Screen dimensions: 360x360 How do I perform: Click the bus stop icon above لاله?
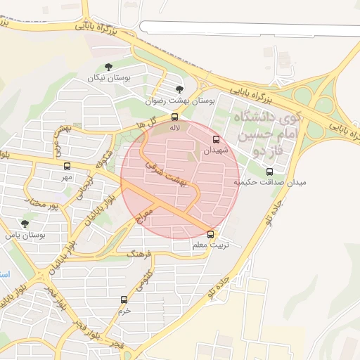(x=175, y=117)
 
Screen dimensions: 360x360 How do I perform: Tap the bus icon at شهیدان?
(x=216, y=139)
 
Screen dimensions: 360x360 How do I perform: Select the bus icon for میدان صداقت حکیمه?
(x=270, y=172)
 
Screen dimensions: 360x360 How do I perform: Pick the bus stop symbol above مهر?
(x=67, y=167)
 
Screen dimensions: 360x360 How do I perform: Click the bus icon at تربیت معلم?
(x=210, y=234)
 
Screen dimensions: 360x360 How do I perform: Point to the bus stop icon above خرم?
(x=124, y=300)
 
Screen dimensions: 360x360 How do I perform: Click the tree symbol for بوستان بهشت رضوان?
(x=179, y=89)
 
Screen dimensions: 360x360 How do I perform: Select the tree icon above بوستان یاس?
(x=25, y=224)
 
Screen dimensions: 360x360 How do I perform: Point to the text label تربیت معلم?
(x=209, y=246)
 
